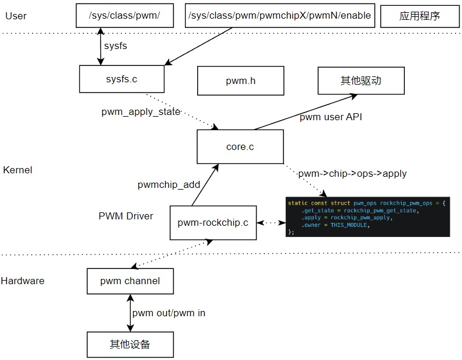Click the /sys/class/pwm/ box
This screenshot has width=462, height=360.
[125, 16]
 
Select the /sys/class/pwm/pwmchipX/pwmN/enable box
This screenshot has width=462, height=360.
[279, 16]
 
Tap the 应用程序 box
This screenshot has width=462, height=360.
[419, 16]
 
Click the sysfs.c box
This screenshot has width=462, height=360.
[122, 79]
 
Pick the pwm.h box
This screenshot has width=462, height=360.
[240, 81]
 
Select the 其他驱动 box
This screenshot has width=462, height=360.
[360, 80]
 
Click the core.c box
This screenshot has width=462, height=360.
[240, 146]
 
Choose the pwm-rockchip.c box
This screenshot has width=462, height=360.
[213, 222]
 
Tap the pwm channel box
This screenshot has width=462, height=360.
[129, 281]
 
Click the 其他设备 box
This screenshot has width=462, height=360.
[129, 344]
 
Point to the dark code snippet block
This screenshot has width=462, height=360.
[367, 216]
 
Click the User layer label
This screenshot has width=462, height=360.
[16, 16]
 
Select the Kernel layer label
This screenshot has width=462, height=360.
[17, 170]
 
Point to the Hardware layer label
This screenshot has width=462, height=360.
[22, 281]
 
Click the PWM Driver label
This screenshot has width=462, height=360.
[126, 216]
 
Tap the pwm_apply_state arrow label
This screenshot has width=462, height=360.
[141, 111]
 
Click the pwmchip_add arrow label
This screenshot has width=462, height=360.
[169, 184]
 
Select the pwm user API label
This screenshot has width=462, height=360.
[331, 117]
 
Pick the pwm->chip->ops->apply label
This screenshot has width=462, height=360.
[352, 173]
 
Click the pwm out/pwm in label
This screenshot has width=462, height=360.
[169, 313]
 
